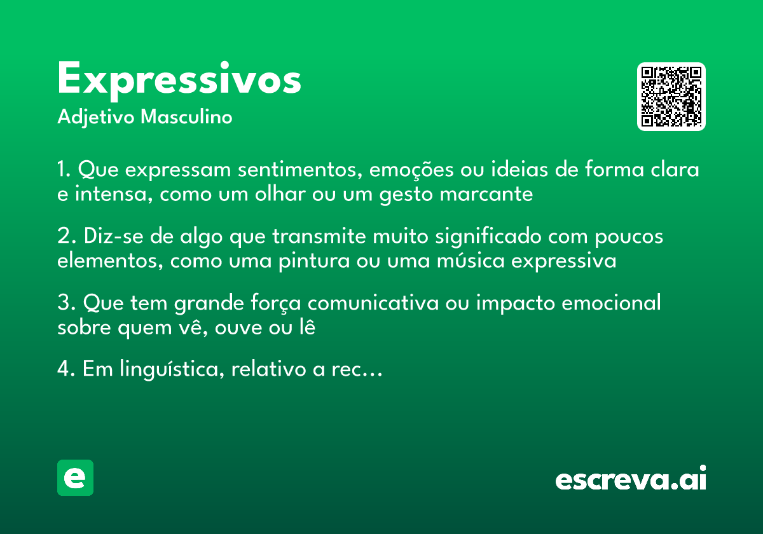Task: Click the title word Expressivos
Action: (x=179, y=80)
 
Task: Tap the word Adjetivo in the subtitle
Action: (x=96, y=118)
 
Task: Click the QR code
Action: (x=671, y=97)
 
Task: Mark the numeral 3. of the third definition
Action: (x=64, y=303)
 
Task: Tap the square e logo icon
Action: (x=75, y=477)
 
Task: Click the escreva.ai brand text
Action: (x=631, y=479)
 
